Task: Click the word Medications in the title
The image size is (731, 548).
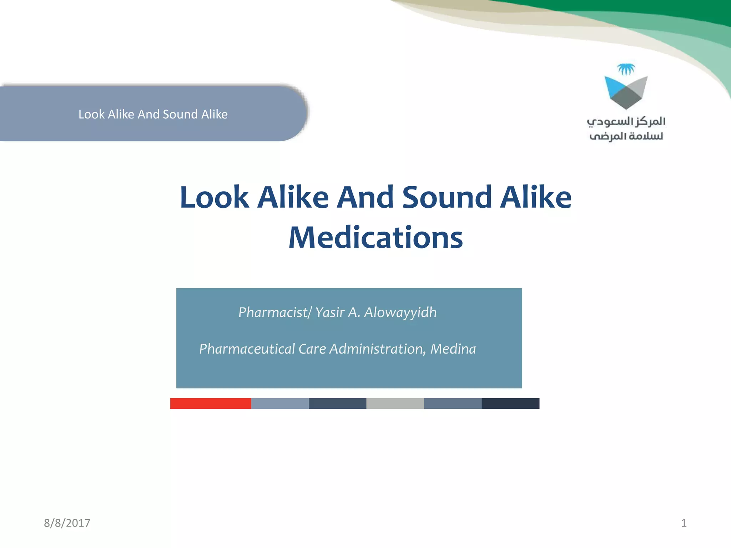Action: point(375,238)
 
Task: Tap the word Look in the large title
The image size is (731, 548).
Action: point(214,197)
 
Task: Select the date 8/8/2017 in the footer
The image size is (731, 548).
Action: point(67,523)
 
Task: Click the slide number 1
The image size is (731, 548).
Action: point(684,523)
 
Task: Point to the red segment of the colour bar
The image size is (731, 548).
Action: point(211,404)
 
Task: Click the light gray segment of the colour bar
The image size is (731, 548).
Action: point(395,404)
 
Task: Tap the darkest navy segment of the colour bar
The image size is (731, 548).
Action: point(510,404)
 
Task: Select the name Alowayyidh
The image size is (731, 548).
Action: point(400,313)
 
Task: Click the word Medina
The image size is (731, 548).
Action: point(453,349)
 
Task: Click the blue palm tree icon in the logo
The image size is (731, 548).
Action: point(626,69)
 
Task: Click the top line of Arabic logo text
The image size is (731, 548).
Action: point(626,122)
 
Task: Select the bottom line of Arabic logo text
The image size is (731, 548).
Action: point(626,136)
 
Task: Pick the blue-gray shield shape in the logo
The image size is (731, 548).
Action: point(626,92)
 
